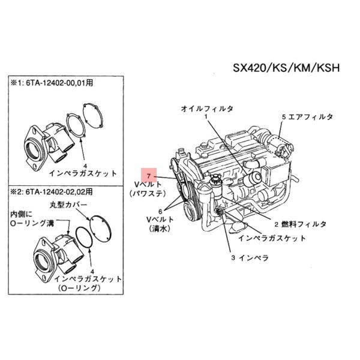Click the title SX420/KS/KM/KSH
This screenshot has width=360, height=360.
click(286, 67)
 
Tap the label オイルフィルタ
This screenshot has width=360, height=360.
click(208, 109)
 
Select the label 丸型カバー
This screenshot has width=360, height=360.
click(68, 205)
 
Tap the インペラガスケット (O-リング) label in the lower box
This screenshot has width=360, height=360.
click(86, 283)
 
